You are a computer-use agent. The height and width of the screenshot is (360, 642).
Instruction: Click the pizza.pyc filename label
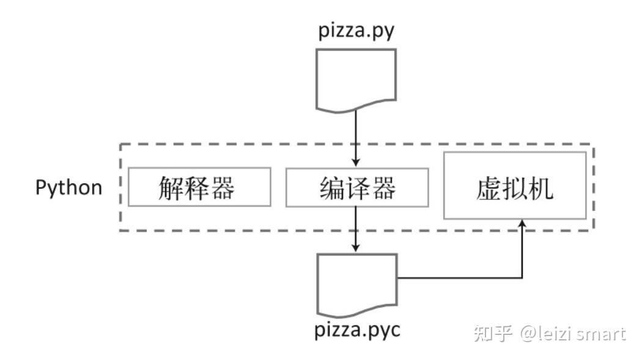(x=358, y=331)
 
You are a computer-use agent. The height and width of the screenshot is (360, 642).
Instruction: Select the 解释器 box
(x=199, y=187)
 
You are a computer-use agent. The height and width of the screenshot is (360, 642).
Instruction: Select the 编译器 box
(x=356, y=187)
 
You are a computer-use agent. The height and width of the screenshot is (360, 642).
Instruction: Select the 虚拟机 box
(x=514, y=185)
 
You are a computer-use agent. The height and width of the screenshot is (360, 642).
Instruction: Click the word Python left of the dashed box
(x=68, y=187)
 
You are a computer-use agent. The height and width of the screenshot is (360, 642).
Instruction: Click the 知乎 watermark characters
(x=493, y=334)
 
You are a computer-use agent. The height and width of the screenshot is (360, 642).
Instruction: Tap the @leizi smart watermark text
(x=573, y=334)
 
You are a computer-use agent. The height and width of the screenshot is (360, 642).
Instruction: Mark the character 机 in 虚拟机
(x=542, y=188)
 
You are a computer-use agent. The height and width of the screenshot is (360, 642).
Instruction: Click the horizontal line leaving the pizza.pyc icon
(x=459, y=277)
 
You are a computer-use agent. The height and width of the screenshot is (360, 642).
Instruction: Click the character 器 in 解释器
(x=223, y=188)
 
